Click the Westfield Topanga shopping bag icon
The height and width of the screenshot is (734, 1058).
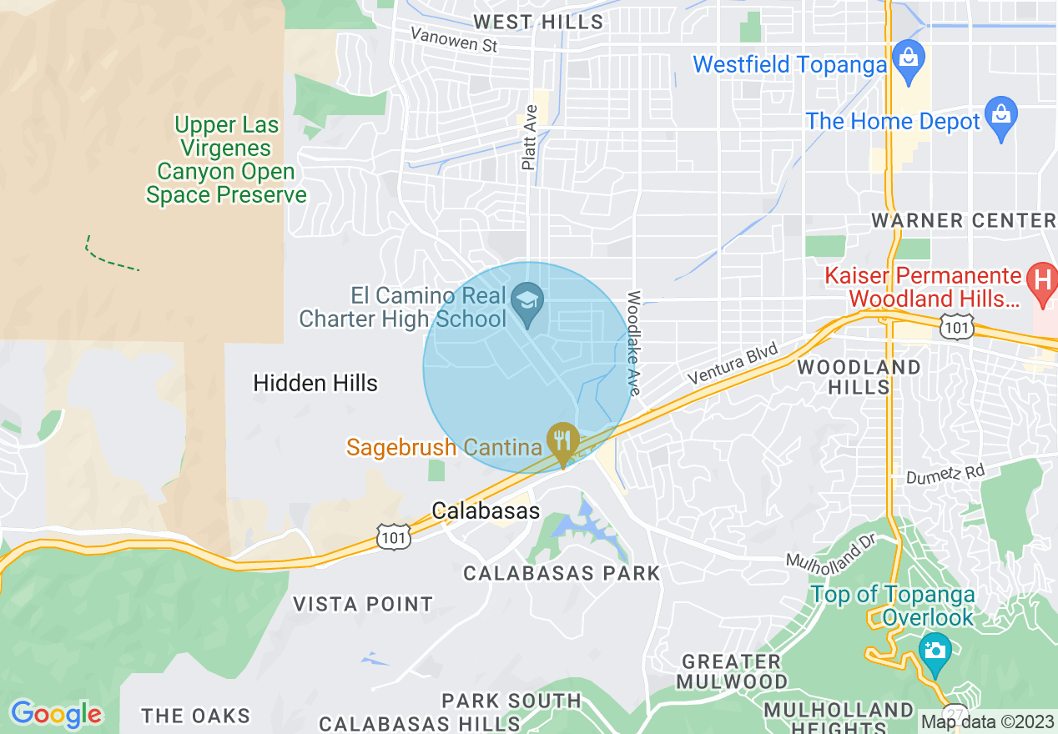click(x=907, y=58)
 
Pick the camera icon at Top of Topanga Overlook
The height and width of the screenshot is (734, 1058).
click(x=935, y=647)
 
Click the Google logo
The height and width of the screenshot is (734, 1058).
click(x=56, y=714)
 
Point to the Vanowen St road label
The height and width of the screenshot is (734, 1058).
click(x=454, y=39)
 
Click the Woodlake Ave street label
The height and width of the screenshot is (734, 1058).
click(x=634, y=343)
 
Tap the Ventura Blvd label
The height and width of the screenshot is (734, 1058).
click(x=733, y=363)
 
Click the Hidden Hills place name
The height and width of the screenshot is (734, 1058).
click(x=315, y=383)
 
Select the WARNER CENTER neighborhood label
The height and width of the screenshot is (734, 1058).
click(x=964, y=220)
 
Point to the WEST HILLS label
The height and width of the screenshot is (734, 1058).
click(x=538, y=22)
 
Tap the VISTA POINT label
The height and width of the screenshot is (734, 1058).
click(x=363, y=603)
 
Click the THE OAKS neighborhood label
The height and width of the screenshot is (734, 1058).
click(x=195, y=716)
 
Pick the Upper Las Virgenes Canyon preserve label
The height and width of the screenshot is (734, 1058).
click(x=226, y=160)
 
